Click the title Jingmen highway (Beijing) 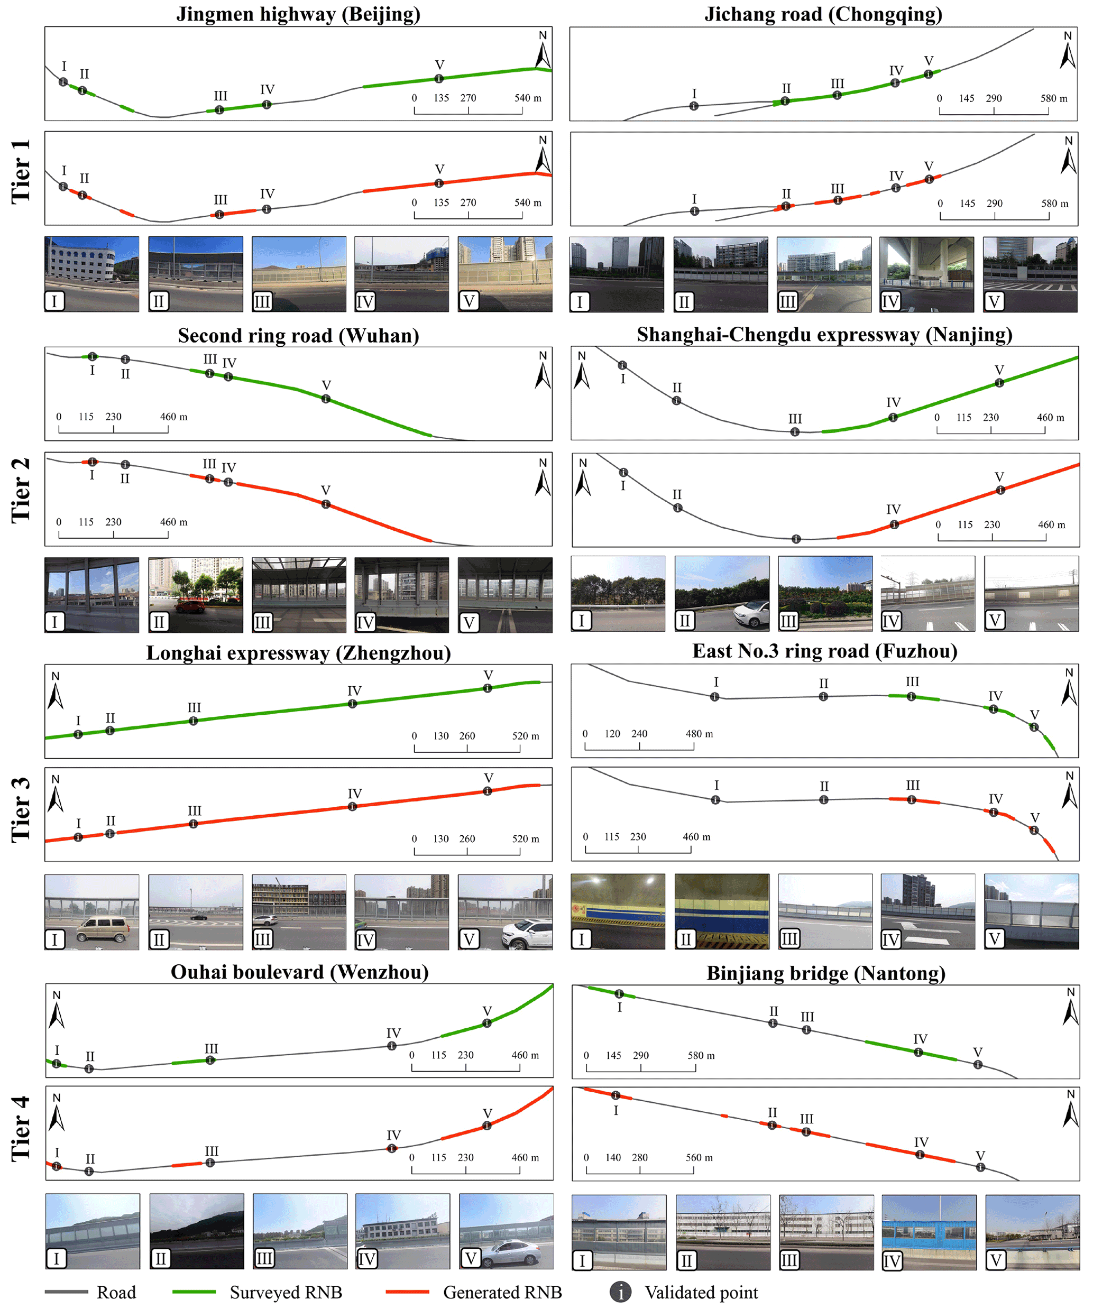coord(298,14)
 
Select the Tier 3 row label coord(21,809)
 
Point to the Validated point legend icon coord(620,1292)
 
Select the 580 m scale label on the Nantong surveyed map coord(701,1055)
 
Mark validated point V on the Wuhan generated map coord(326,504)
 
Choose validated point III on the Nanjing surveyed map coord(795,431)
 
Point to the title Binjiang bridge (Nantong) coord(825,973)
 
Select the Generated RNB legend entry coord(502,1292)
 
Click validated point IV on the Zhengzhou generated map coord(353,807)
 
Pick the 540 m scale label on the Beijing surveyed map coord(528,98)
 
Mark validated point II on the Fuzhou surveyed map coord(824,696)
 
